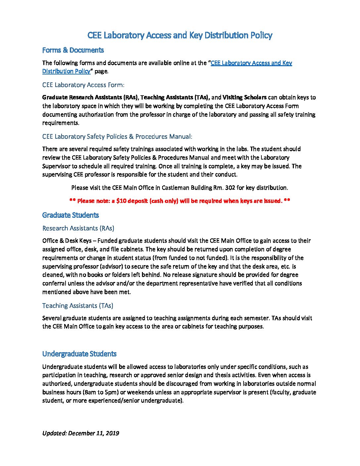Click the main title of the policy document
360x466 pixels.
(180, 35)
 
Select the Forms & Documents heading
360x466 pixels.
(73, 50)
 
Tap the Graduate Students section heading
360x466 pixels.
(70, 215)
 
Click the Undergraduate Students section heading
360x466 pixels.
(79, 354)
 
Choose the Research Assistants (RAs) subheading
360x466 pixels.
(78, 228)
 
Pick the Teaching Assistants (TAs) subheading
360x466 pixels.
(77, 305)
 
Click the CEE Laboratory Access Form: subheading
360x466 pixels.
(83, 85)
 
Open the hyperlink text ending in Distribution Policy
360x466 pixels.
(66, 71)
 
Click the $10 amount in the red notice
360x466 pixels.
(120, 201)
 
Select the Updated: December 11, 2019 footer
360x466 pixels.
(80, 433)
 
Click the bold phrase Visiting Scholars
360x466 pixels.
(244, 97)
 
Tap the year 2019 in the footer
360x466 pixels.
(112, 433)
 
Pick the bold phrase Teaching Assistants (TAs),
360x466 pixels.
(175, 97)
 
